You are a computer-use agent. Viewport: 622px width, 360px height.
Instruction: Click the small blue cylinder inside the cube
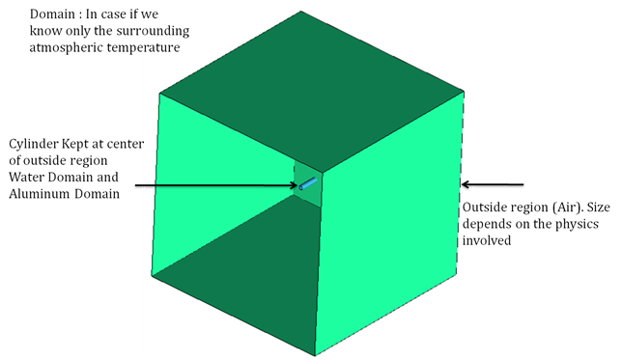308,182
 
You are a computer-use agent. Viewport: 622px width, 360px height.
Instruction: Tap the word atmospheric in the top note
67,49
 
